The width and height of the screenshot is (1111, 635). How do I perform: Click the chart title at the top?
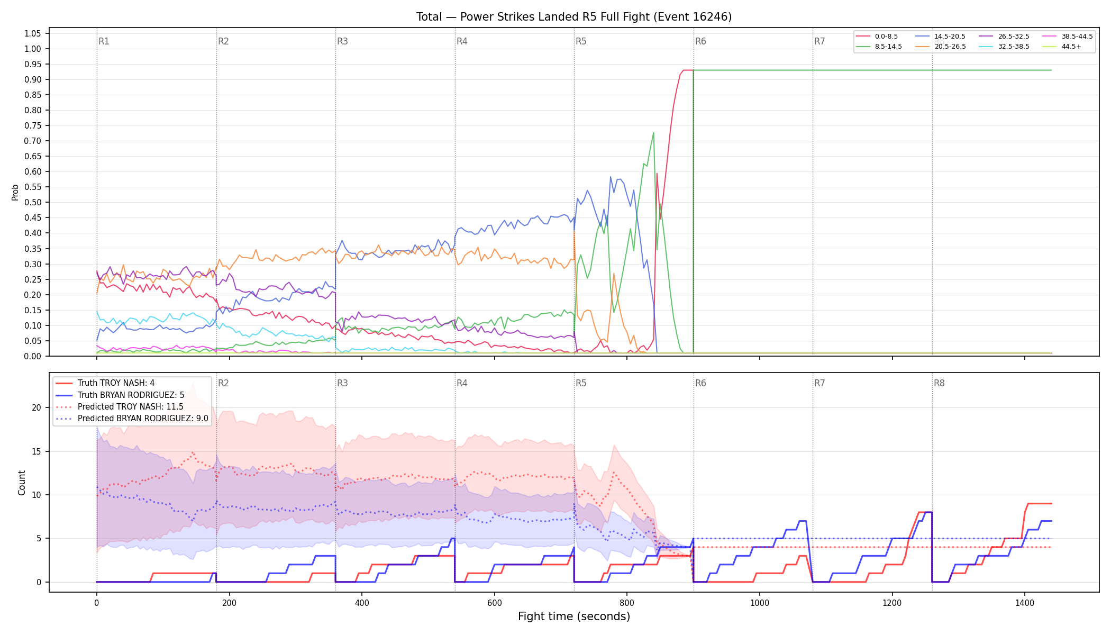(x=574, y=17)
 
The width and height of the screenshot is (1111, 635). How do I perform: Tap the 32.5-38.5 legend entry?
(x=1004, y=47)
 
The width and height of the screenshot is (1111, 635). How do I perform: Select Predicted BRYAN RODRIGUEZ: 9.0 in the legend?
(x=132, y=419)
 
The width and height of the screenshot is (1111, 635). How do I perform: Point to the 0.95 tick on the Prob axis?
(x=32, y=64)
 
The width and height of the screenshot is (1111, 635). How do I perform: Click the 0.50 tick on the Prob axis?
(x=32, y=202)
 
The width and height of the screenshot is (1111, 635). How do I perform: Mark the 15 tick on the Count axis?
(x=36, y=451)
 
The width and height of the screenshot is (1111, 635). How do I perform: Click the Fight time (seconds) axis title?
(x=574, y=616)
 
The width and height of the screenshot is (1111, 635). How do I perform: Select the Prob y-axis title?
(x=15, y=192)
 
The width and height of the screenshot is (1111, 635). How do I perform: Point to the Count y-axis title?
(x=22, y=483)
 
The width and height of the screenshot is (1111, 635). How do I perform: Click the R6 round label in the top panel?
(x=700, y=41)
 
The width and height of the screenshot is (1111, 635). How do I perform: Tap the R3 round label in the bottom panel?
(x=342, y=383)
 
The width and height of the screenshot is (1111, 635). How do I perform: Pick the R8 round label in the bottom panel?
(x=939, y=383)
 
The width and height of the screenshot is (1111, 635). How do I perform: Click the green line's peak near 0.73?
(x=653, y=132)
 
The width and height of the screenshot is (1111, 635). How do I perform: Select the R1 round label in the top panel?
(x=104, y=41)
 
